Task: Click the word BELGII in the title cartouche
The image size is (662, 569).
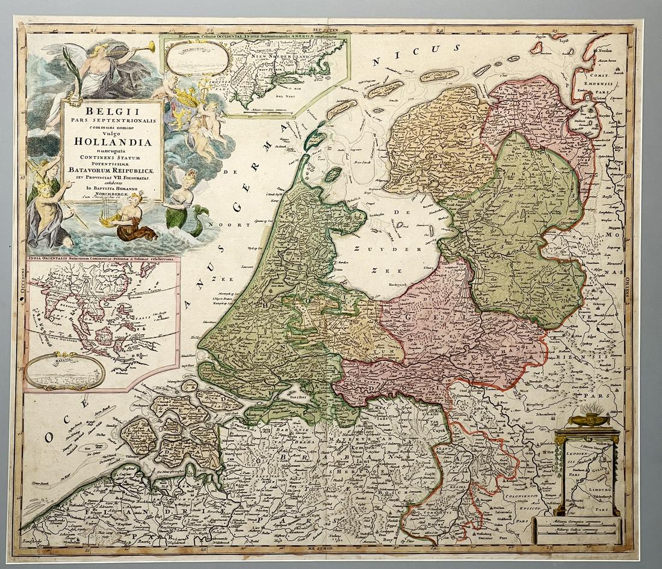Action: coord(113,111)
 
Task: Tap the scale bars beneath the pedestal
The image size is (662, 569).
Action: coord(578,529)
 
